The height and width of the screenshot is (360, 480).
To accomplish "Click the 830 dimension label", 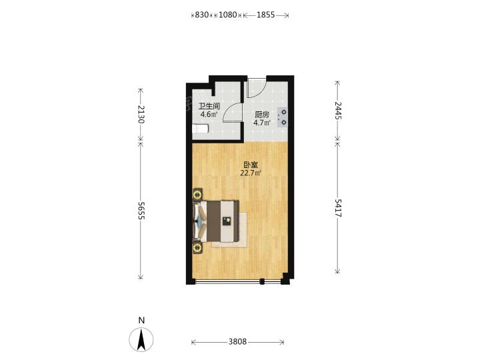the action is coord(202,15).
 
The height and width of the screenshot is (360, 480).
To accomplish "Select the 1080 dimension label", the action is coord(228,15).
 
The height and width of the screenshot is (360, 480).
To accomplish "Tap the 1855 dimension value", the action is coord(265,15).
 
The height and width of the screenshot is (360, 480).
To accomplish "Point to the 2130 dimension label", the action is coord(141,114).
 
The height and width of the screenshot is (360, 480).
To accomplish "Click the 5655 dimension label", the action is coord(141,211).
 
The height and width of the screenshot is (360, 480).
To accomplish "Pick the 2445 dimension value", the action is coord(337,110).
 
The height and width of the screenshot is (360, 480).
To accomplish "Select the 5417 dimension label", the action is coord(337,208).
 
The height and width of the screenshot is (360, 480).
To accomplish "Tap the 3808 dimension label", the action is coord(237,341).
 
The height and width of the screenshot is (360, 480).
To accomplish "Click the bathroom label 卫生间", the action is coord(209,107).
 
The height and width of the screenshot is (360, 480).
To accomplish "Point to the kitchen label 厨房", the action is coord(262,115).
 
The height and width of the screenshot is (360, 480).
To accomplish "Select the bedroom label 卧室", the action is coord(251,165).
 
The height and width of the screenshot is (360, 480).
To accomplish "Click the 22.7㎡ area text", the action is coord(251,173).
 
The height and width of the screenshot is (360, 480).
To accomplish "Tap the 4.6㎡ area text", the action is coord(209,115).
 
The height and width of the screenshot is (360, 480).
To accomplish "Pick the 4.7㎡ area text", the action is coord(262,123).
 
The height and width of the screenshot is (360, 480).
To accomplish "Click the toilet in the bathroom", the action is coord(201,129).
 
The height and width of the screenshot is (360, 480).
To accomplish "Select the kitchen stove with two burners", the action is coord(283,117).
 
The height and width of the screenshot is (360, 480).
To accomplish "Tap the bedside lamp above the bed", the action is coord(197,194).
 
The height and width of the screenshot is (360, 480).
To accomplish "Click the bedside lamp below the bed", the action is coord(197,247).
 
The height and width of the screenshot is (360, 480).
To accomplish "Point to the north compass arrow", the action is coord(141,339).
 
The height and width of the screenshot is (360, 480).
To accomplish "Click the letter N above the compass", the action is coord(141,321).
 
